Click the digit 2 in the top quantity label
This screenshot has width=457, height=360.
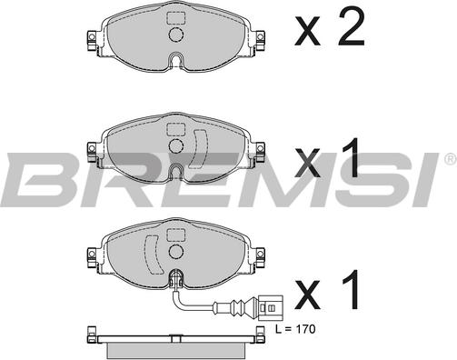(352, 26)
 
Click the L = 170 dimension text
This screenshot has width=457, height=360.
(295, 329)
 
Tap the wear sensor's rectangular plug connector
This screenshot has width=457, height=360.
(271, 308)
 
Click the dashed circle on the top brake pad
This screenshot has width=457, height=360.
(176, 35)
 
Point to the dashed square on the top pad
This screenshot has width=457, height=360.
(176, 18)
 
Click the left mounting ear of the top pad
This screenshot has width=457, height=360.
(93, 41)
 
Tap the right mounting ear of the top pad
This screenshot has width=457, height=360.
(260, 41)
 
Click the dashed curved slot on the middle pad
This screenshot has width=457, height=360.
(199, 148)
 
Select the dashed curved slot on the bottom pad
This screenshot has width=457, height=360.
(153, 254)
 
